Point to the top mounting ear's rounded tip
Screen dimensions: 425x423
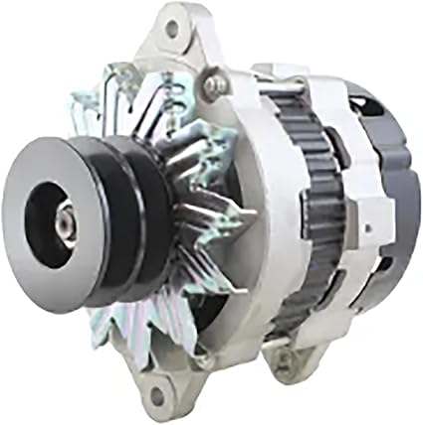point(175,14)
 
